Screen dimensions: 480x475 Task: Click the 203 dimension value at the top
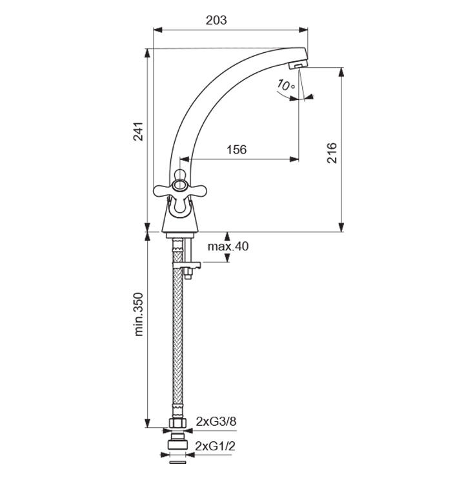coord(216,20)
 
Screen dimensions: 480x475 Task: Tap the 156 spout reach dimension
coord(236,150)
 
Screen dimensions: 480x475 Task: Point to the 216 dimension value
coord(332,152)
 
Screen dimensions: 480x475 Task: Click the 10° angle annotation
coord(285,85)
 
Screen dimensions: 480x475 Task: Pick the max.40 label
coord(228,246)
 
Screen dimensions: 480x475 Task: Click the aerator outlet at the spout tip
coord(297,65)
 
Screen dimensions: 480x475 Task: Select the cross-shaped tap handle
coord(180,189)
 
